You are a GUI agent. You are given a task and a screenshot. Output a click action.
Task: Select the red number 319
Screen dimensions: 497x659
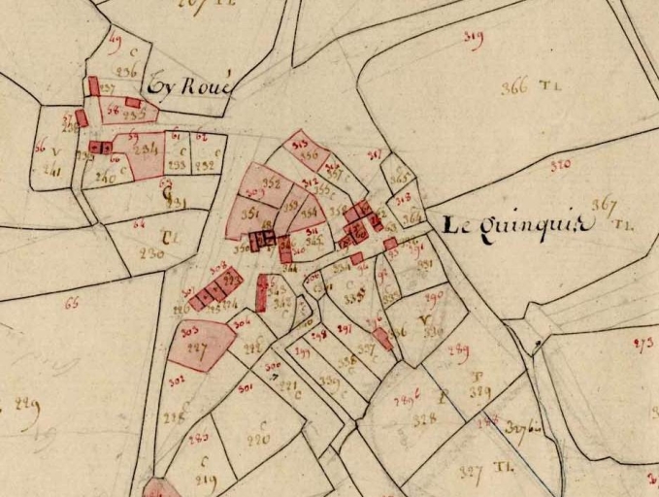(474, 39)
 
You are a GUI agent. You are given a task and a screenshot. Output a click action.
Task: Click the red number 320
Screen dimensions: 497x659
(560, 165)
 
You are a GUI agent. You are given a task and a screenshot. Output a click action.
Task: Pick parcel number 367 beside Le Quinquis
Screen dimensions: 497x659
(604, 205)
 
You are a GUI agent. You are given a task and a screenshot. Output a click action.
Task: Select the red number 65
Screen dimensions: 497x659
(70, 304)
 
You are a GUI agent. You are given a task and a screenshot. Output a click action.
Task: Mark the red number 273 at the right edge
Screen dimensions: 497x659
(643, 343)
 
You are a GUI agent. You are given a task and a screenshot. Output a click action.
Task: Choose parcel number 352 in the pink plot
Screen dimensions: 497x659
(272, 183)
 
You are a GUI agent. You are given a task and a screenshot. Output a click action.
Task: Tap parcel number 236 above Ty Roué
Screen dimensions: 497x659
(127, 71)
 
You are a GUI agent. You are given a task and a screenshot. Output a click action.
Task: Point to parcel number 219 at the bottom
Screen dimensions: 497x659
(206, 479)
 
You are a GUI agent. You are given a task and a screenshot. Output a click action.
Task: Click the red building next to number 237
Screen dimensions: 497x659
(94, 86)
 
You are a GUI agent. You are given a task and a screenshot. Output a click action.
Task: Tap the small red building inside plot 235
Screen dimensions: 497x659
(133, 101)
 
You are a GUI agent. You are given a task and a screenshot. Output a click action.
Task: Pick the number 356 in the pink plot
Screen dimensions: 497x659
(310, 154)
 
